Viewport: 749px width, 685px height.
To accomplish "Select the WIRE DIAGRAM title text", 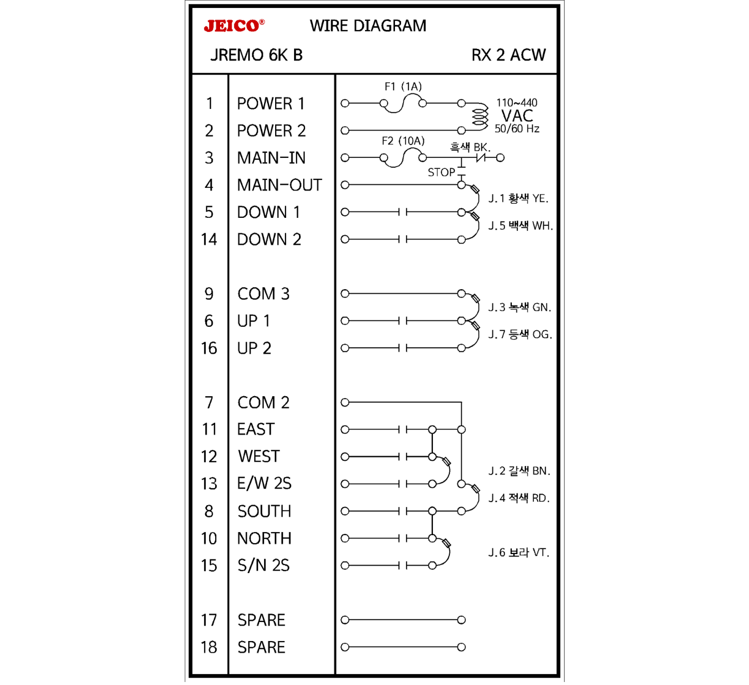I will pyautogui.click(x=368, y=25).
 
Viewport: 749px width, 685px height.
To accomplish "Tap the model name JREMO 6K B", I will pyautogui.click(x=256, y=55).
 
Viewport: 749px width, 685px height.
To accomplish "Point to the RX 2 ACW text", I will pyautogui.click(x=508, y=55).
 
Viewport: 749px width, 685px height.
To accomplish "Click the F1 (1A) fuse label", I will pyautogui.click(x=403, y=86).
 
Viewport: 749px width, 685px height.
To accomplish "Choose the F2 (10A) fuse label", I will pyautogui.click(x=403, y=141).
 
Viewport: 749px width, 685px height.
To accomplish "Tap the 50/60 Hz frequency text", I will pyautogui.click(x=517, y=129).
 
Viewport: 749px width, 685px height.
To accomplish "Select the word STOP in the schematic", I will pyautogui.click(x=441, y=172).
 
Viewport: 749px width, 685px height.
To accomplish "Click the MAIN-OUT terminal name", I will pyautogui.click(x=279, y=185).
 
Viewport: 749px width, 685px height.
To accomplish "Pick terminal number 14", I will pyautogui.click(x=209, y=240).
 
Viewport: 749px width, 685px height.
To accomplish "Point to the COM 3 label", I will pyautogui.click(x=263, y=294).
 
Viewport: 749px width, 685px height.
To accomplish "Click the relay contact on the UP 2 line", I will pyautogui.click(x=403, y=348).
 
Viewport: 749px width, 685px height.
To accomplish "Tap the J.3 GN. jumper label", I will pyautogui.click(x=519, y=307).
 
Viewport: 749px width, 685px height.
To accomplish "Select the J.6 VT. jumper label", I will pyautogui.click(x=518, y=553).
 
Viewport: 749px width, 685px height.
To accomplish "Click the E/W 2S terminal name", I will pyautogui.click(x=264, y=484).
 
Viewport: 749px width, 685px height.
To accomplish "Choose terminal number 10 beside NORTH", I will pyautogui.click(x=209, y=539).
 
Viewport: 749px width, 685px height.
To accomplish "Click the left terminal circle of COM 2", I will pyautogui.click(x=345, y=402).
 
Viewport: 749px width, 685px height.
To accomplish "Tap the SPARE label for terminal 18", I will pyautogui.click(x=261, y=648).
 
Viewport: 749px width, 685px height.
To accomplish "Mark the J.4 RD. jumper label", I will pyautogui.click(x=518, y=498).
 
